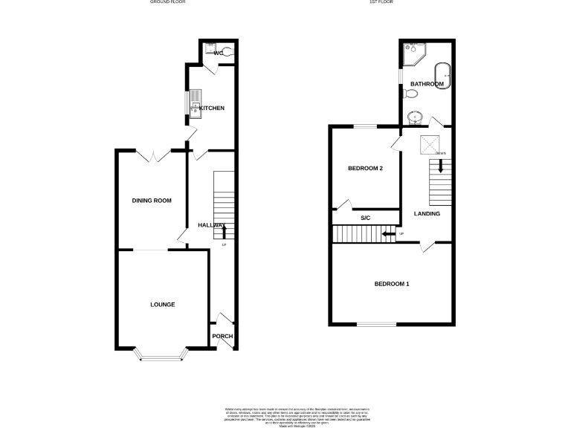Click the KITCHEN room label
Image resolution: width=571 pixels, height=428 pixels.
pos(211,108)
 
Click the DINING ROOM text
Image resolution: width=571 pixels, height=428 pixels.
pos(152,201)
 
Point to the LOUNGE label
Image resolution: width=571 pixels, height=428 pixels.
pos(162,305)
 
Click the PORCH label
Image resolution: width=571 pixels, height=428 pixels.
pos(222,337)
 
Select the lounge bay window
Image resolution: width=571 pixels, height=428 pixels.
pos(161,357)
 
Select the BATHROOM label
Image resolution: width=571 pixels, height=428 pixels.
pos(427,85)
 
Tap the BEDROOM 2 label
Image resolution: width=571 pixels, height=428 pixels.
pos(365,169)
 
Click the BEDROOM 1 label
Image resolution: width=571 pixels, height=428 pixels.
pos(392,285)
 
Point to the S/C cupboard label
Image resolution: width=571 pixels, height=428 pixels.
pos(365,218)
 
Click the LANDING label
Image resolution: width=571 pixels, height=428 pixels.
pos(427,214)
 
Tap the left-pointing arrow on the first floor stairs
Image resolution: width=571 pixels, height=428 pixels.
pos(388,235)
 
